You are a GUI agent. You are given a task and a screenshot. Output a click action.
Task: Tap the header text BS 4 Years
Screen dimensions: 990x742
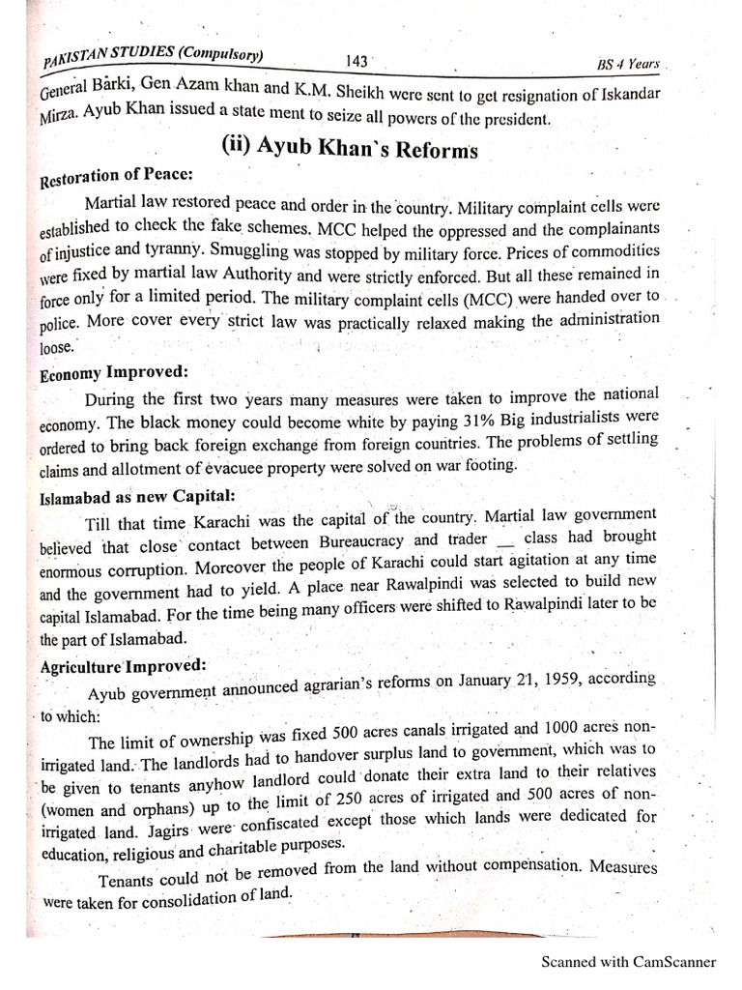point(628,64)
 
